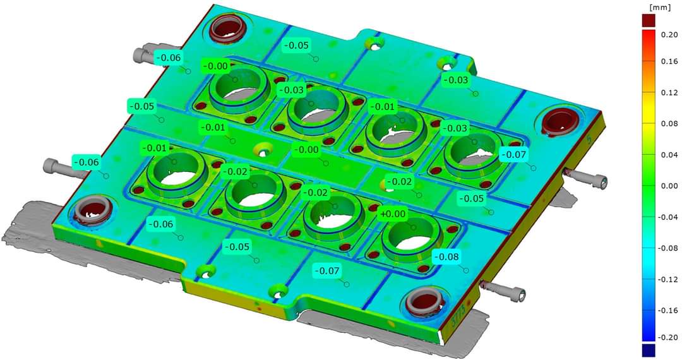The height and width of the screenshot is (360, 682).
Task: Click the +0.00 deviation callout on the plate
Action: [x=393, y=214]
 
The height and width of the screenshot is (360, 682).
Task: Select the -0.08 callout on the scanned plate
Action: [x=446, y=257]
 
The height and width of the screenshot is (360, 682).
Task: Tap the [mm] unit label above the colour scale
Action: [x=656, y=8]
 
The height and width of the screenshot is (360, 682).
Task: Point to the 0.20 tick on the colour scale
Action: [x=669, y=35]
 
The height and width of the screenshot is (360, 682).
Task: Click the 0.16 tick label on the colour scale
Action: [x=669, y=62]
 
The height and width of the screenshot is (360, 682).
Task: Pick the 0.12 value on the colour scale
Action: [x=669, y=93]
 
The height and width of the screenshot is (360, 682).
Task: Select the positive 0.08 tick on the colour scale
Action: [x=669, y=124]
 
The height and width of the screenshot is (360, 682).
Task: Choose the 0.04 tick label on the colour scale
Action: [x=669, y=155]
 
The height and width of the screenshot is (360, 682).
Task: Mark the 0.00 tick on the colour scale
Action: [x=669, y=186]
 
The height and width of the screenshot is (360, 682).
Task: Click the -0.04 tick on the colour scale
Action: [x=668, y=217]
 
